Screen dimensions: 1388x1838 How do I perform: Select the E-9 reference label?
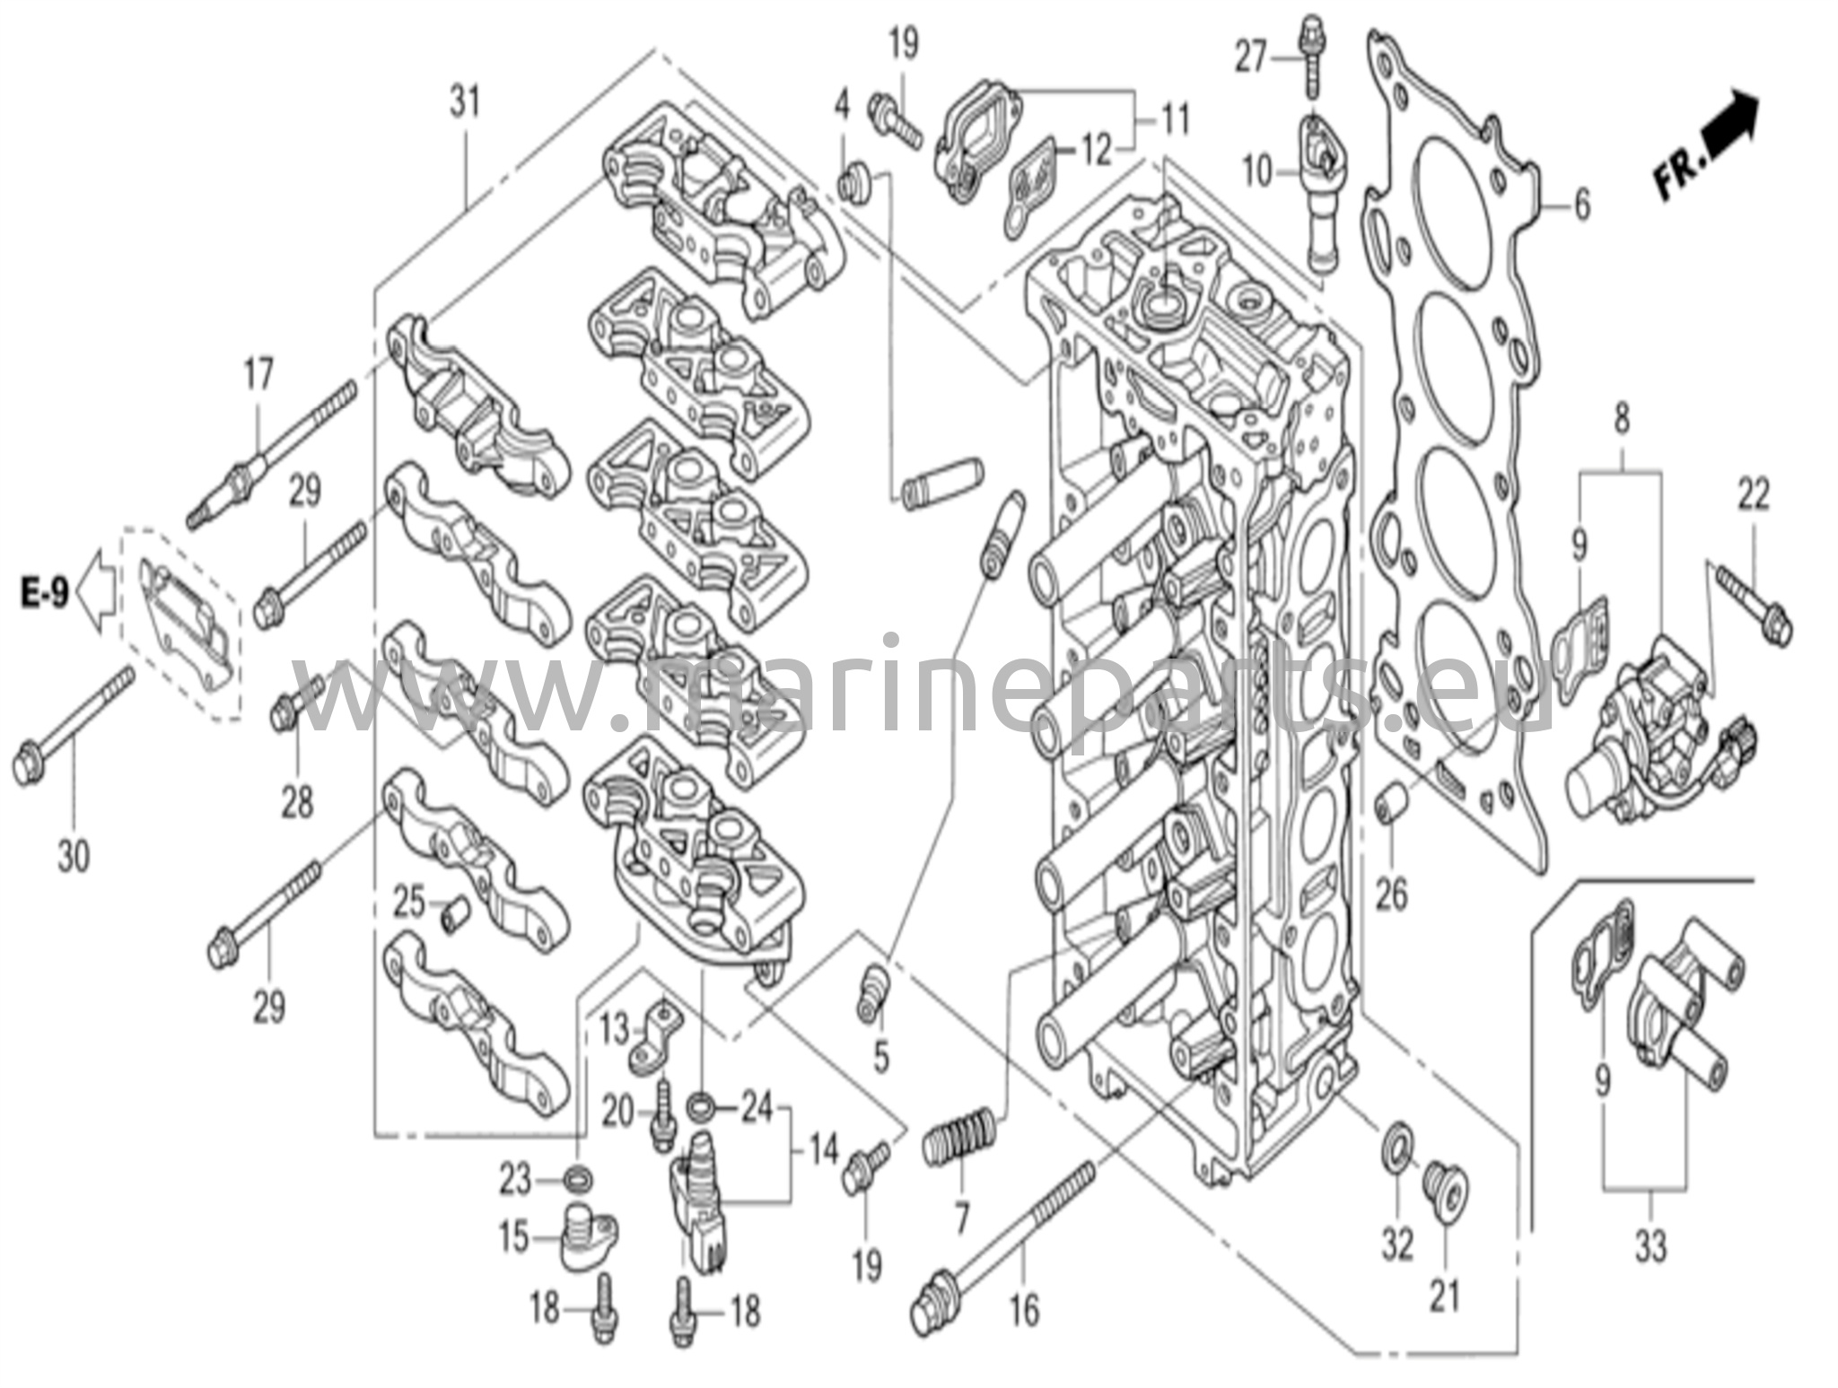45,593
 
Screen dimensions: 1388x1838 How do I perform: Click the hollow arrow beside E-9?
96,593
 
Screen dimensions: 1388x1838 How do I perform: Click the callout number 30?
74,856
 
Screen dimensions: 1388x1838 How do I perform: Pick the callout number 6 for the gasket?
1581,205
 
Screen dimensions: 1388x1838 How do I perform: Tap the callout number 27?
1250,58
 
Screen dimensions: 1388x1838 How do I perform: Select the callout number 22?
1754,494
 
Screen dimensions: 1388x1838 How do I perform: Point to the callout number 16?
1024,1311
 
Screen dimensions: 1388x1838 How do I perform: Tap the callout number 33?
1650,1246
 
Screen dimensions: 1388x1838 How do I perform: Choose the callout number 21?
1445,1295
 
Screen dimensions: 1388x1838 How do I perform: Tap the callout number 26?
1391,895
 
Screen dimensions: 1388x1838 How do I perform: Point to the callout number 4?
841,106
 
